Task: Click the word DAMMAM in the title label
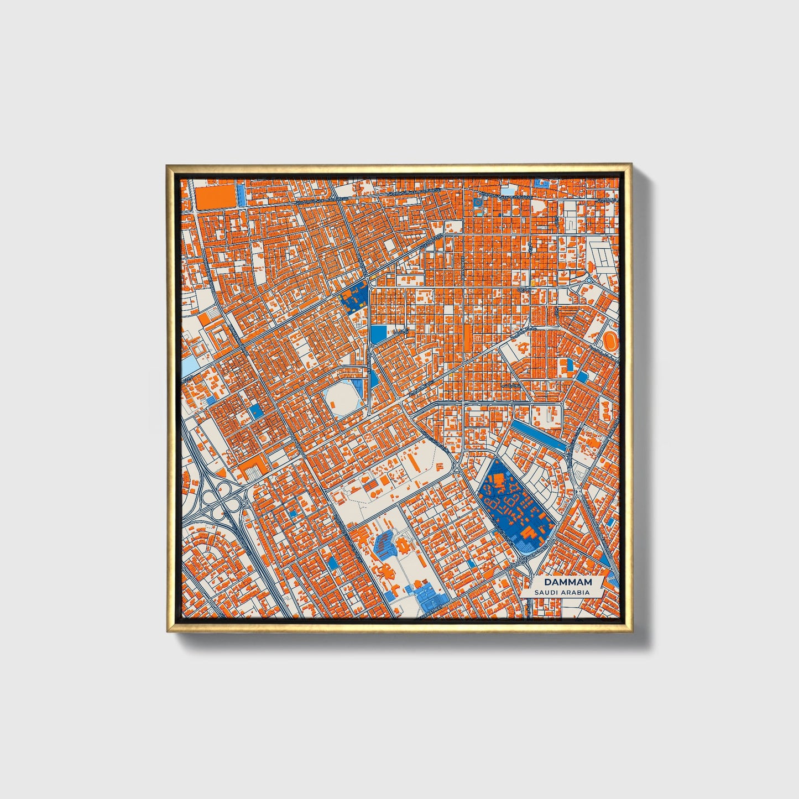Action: coord(567,582)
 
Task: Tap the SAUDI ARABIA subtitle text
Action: coord(561,592)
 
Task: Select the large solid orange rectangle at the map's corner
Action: coord(215,197)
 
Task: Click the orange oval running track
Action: coord(610,340)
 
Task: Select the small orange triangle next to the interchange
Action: coord(222,472)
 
